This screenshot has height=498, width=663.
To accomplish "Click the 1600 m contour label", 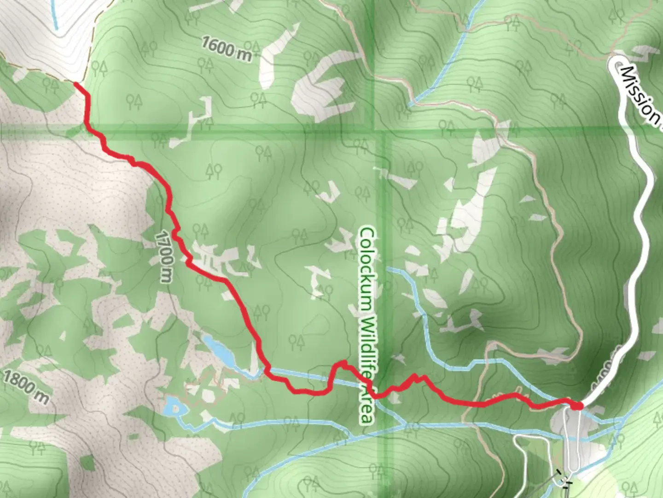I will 227,48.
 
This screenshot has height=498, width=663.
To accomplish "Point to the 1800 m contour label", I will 25,386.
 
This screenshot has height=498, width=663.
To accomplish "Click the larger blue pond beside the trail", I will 219,350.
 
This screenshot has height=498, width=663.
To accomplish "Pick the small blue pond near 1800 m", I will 175,406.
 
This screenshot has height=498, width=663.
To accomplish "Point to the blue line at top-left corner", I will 54,16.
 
